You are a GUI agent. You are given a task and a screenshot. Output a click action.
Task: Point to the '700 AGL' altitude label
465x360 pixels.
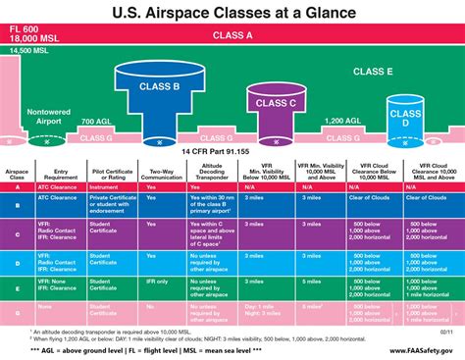pos(96,121)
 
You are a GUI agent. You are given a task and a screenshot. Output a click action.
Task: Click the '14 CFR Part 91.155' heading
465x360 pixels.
pos(232,153)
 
